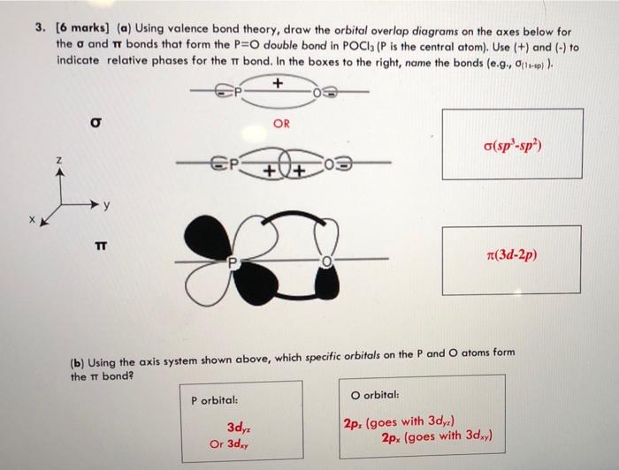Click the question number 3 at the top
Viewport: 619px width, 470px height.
click(x=40, y=28)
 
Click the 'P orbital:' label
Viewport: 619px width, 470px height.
click(x=216, y=399)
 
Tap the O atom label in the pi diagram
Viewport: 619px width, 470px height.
click(x=325, y=262)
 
